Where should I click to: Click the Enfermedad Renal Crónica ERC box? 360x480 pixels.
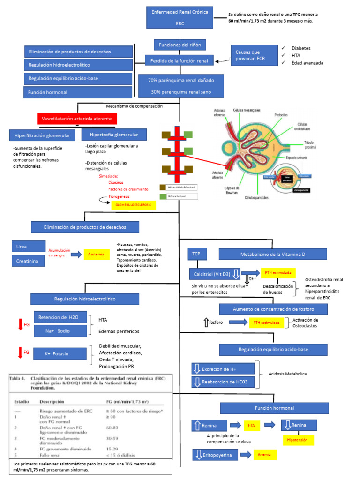(x=180, y=17)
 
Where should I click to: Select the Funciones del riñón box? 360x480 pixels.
(x=180, y=45)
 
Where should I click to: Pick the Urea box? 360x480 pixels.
(x=28, y=247)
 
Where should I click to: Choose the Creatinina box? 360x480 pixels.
(x=28, y=261)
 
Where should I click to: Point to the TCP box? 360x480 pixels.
(x=196, y=254)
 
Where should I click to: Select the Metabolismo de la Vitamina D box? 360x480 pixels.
(x=273, y=254)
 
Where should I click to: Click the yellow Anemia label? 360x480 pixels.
(x=264, y=454)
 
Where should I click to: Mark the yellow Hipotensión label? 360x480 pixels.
(x=298, y=440)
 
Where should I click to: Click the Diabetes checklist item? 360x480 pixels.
(x=300, y=48)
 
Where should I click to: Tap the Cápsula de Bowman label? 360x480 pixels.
(x=232, y=190)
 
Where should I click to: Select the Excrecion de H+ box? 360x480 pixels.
(x=223, y=368)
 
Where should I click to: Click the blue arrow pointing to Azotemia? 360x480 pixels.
(x=75, y=254)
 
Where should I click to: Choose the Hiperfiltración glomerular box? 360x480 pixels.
(x=42, y=135)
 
